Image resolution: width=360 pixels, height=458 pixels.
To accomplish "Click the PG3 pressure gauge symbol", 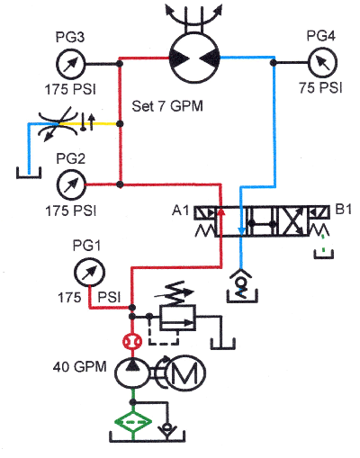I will pos(68,64).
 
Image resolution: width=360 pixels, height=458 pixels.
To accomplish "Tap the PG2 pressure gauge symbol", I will pos(68,185).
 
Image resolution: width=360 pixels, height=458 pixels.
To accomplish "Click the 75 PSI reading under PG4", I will pos(321,89).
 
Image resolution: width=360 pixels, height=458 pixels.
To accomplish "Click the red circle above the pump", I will pos(132,341).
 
